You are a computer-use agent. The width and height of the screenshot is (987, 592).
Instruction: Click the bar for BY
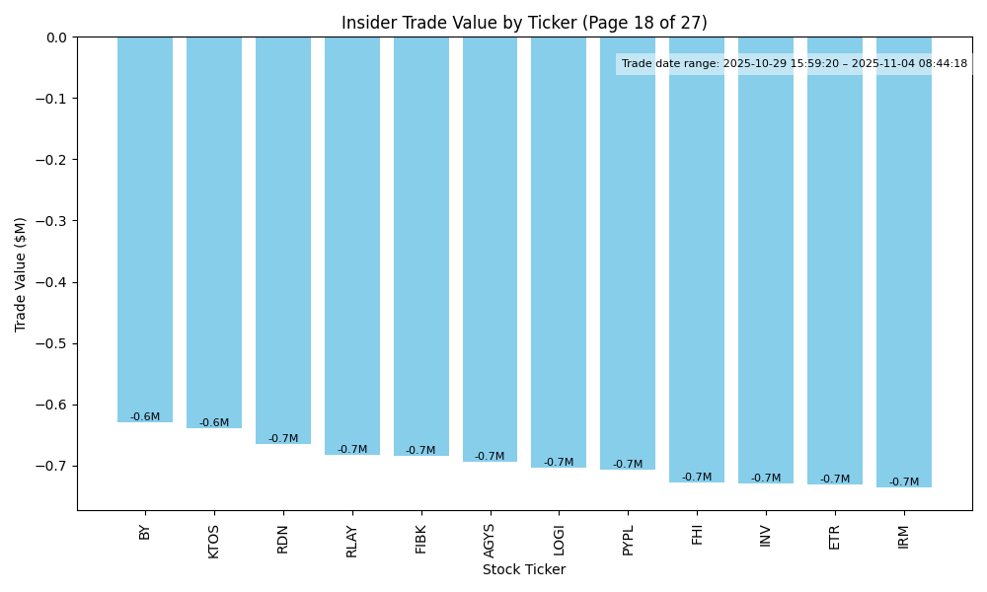[x=145, y=230]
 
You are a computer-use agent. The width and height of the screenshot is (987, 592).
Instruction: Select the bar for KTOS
[x=214, y=233]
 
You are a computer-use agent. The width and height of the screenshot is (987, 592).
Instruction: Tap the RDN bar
[x=283, y=241]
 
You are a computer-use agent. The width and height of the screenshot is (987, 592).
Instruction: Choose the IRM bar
[x=904, y=262]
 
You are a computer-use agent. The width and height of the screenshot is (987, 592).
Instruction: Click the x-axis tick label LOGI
[x=560, y=540]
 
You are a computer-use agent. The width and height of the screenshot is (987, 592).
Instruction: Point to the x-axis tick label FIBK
[x=421, y=539]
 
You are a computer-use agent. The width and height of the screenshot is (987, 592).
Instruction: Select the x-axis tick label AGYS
[x=491, y=541]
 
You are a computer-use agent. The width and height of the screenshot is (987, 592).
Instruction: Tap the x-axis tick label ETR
[x=835, y=537]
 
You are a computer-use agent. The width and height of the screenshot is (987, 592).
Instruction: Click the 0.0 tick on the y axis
[x=57, y=37]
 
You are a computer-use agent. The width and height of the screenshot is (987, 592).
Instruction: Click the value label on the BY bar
[x=145, y=417]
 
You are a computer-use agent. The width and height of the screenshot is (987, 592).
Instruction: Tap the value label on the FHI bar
[x=697, y=478]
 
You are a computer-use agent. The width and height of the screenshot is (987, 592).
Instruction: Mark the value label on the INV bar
[x=766, y=479]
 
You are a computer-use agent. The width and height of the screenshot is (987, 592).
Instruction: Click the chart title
[x=524, y=23]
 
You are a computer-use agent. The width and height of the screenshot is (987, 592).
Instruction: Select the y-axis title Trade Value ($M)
[x=21, y=274]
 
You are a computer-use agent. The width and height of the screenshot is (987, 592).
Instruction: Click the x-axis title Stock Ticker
[x=524, y=570]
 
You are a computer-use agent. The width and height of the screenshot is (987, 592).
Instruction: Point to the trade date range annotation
[x=795, y=64]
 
